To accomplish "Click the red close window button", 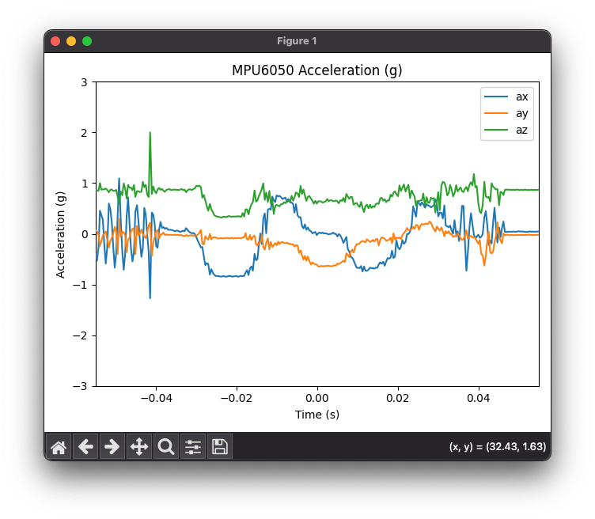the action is pyautogui.click(x=55, y=41).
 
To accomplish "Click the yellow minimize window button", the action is pyautogui.click(x=71, y=41).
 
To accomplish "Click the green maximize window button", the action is pyautogui.click(x=87, y=41).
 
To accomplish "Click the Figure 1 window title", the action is pyautogui.click(x=297, y=41).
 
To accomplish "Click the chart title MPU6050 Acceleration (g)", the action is pyautogui.click(x=316, y=70).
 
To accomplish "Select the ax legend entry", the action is pyautogui.click(x=506, y=97).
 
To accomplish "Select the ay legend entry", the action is pyautogui.click(x=506, y=113).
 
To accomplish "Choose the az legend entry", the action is pyautogui.click(x=506, y=130).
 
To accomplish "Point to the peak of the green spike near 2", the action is pyautogui.click(x=150, y=132).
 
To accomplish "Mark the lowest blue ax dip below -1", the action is pyautogui.click(x=150, y=298).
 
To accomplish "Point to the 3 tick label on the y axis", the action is pyautogui.click(x=84, y=82).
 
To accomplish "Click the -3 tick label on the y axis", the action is pyautogui.click(x=80, y=386).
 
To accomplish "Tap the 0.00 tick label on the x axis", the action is pyautogui.click(x=317, y=398).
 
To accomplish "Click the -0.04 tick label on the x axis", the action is pyautogui.click(x=157, y=398).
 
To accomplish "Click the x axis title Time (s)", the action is pyautogui.click(x=317, y=415).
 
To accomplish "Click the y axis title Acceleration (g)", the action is pyautogui.click(x=60, y=235).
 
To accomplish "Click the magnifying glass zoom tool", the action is pyautogui.click(x=166, y=446).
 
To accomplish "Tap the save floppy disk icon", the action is pyautogui.click(x=220, y=446).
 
